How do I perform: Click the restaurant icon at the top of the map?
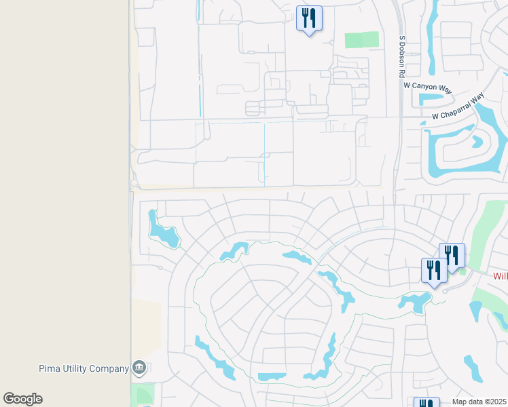coord(309,18)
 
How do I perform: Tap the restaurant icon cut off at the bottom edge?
coord(426,402)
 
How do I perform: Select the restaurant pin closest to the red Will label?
coord(452,255)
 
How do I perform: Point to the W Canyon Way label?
coord(427,85)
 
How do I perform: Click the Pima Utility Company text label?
coord(84,368)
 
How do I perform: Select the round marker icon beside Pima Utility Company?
coord(140,368)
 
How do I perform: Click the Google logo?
coord(22,399)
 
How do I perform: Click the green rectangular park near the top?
coord(361,39)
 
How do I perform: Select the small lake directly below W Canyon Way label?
coord(430,99)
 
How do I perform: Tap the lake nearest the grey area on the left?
coord(163,229)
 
